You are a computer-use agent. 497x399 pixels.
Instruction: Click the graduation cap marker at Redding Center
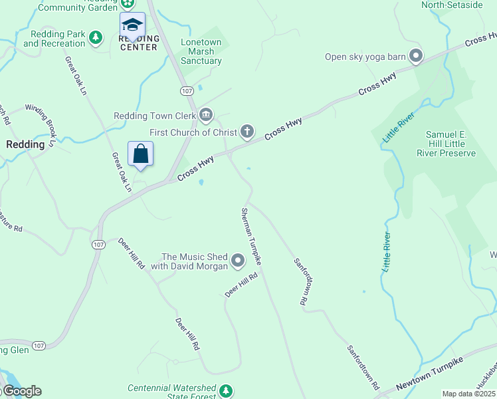click(x=132, y=25)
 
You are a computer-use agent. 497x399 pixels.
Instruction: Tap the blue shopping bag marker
click(x=141, y=154)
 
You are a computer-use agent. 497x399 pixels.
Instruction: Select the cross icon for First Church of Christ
click(x=247, y=131)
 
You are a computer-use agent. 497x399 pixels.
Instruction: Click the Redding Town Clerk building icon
click(x=206, y=116)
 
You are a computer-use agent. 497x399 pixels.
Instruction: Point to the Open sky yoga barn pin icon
click(x=416, y=56)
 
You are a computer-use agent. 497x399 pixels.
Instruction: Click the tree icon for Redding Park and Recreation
click(x=96, y=38)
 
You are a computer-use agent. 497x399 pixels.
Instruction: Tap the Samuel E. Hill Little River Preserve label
click(x=450, y=144)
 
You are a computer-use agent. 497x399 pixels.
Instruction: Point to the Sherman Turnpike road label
click(x=250, y=237)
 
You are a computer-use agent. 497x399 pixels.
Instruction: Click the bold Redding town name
click(x=25, y=144)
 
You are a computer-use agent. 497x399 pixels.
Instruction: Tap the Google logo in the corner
click(x=21, y=391)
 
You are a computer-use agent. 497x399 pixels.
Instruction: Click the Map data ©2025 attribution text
click(x=468, y=394)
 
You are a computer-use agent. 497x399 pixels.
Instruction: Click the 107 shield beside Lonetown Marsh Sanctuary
click(x=187, y=90)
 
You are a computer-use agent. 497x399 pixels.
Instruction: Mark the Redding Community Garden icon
click(x=126, y=3)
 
